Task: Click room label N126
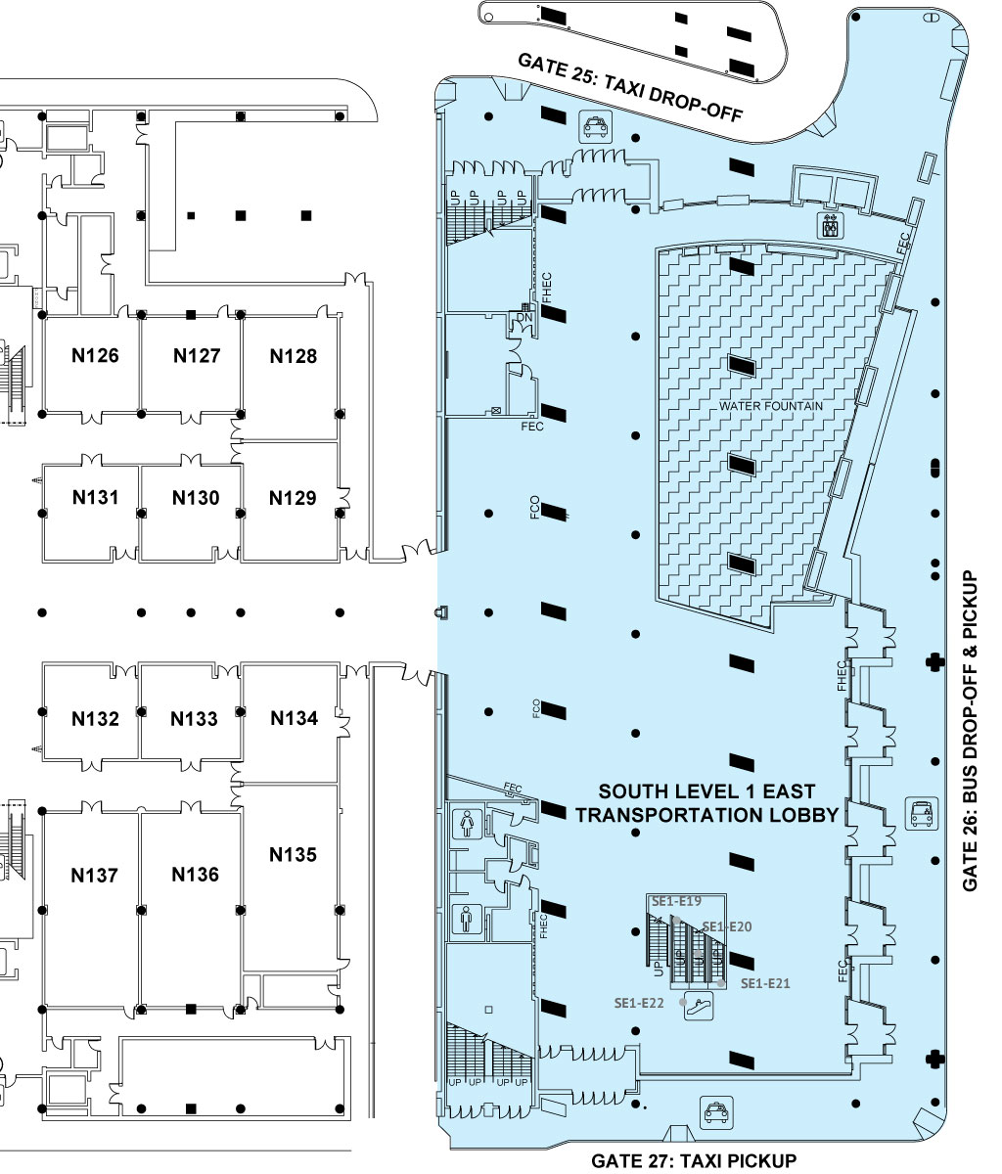point(95,355)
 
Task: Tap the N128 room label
point(294,356)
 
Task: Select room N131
point(95,498)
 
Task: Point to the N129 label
point(293,498)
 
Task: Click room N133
point(195,719)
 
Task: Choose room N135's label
point(293,854)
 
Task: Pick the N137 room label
point(94,876)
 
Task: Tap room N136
point(195,874)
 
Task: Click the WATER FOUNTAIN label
point(771,406)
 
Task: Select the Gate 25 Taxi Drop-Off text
point(630,87)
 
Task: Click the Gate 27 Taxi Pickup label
point(694,1161)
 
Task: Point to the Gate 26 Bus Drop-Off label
point(970,731)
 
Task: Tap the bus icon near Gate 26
point(922,814)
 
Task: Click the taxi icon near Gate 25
point(595,126)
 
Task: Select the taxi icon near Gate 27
point(716,1112)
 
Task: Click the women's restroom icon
point(467,823)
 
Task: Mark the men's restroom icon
point(467,919)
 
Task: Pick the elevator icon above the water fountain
point(830,226)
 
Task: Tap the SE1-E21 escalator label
point(765,983)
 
